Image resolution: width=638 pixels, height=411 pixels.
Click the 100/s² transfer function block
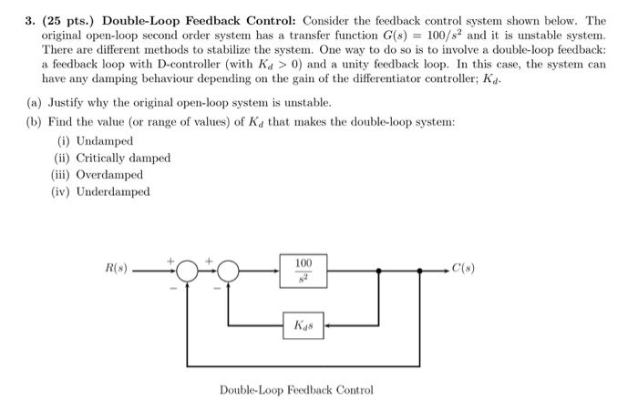click(304, 270)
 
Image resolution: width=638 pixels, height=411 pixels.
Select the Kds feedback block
click(304, 324)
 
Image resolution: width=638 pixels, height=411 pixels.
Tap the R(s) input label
click(117, 270)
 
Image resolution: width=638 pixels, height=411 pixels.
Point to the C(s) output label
click(462, 269)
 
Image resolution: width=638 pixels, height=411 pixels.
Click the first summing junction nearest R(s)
click(187, 270)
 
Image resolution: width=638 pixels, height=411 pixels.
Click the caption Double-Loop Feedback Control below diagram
click(296, 390)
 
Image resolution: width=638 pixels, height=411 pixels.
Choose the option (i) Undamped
click(95, 141)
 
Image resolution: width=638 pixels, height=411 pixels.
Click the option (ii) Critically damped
click(110, 158)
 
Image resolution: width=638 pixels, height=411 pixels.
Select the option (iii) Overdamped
click(98, 174)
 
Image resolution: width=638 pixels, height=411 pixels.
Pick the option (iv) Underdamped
click(100, 191)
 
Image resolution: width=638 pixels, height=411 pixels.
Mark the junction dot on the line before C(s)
click(420, 270)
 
